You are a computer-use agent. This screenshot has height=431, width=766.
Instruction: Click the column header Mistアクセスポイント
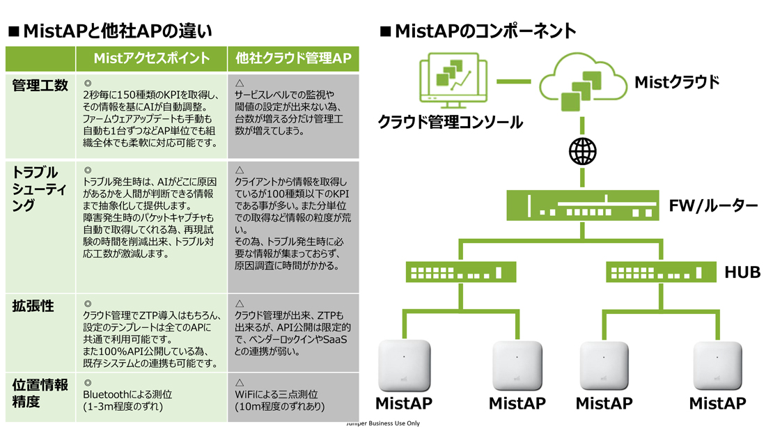click(151, 58)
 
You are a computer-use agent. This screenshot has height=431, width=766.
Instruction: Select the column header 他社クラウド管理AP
click(293, 58)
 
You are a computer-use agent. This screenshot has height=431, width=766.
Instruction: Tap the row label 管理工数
click(40, 86)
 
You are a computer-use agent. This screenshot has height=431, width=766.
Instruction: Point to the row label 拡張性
click(33, 306)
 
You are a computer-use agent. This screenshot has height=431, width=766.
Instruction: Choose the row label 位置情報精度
click(40, 393)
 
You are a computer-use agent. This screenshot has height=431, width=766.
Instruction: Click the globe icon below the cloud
click(582, 152)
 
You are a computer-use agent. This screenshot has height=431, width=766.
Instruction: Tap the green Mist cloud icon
click(582, 82)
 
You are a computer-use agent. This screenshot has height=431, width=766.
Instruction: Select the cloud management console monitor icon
click(453, 81)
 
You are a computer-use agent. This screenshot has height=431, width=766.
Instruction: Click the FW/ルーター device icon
click(582, 205)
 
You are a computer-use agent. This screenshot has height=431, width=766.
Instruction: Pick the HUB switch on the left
click(461, 272)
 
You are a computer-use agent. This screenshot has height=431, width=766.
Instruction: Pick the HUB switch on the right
click(661, 272)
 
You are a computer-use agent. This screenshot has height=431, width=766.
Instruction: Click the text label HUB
click(742, 272)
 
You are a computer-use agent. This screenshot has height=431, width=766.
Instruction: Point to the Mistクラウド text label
click(677, 82)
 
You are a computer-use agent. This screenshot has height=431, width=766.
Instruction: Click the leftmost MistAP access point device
click(404, 366)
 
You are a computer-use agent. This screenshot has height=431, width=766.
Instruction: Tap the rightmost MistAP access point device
click(717, 366)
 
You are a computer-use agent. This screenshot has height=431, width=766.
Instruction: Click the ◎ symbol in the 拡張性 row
click(88, 304)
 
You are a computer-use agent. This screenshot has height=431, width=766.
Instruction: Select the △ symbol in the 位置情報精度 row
click(240, 383)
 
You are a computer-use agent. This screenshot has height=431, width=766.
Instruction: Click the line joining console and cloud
click(513, 81)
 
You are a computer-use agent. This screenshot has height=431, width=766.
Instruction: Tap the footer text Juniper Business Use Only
click(383, 423)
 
